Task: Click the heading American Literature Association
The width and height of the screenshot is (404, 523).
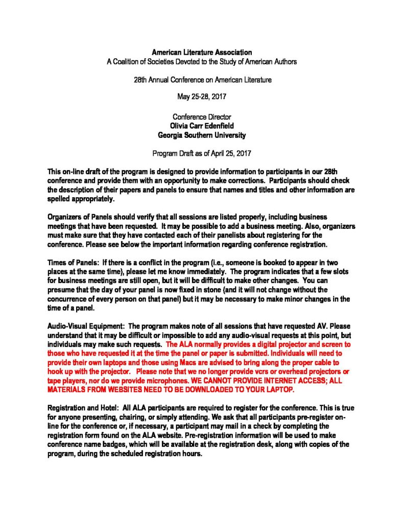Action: click(x=202, y=52)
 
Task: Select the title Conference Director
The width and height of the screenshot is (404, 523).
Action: click(x=202, y=117)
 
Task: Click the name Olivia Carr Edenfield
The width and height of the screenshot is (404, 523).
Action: click(x=202, y=126)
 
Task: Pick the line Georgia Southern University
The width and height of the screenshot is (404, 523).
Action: click(x=202, y=135)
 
